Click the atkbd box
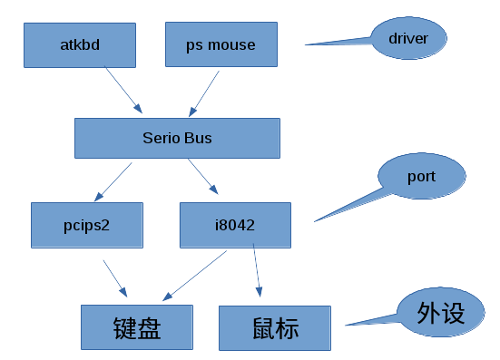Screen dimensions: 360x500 [80, 44]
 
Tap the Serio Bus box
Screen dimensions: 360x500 [177, 139]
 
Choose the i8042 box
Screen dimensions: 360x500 [235, 226]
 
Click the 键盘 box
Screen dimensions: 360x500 [138, 327]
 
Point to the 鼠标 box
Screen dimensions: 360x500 [276, 327]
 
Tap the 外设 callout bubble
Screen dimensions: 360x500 [440, 314]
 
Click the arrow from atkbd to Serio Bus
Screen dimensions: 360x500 [124, 90]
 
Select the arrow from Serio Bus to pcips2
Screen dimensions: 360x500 [113, 181]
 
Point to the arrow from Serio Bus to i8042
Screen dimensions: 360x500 [202, 178]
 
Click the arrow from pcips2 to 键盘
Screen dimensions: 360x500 [115, 278]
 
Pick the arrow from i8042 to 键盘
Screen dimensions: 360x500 [195, 274]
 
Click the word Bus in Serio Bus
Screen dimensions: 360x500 [200, 139]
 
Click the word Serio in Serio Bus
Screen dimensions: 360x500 [163, 139]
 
